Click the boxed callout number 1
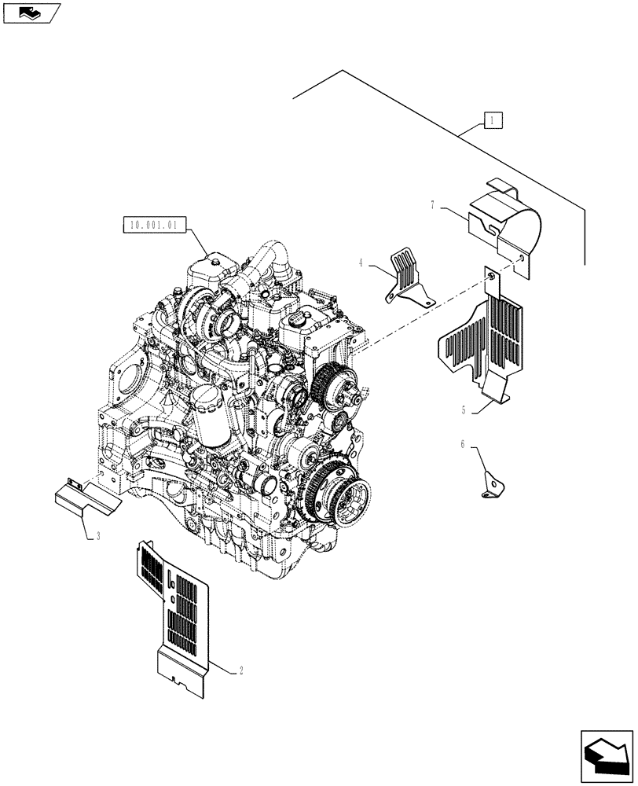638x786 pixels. (x=491, y=120)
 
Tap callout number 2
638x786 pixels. (x=240, y=670)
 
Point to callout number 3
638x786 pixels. (x=97, y=537)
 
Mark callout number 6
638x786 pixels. (x=464, y=445)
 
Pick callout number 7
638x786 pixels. (x=433, y=205)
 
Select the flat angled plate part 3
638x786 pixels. (x=84, y=497)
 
